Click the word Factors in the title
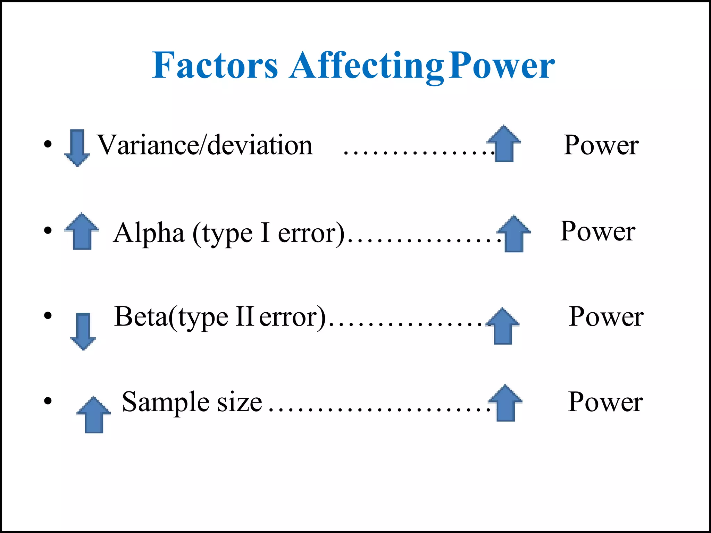215,65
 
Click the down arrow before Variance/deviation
77,147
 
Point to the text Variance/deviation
205,145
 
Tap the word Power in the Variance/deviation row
601,145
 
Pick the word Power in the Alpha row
598,231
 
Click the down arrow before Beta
83,331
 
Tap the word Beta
141,316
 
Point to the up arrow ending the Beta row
503,326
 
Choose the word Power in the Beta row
606,316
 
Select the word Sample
166,402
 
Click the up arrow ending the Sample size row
505,403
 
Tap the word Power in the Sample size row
605,402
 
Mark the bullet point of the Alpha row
48,230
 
